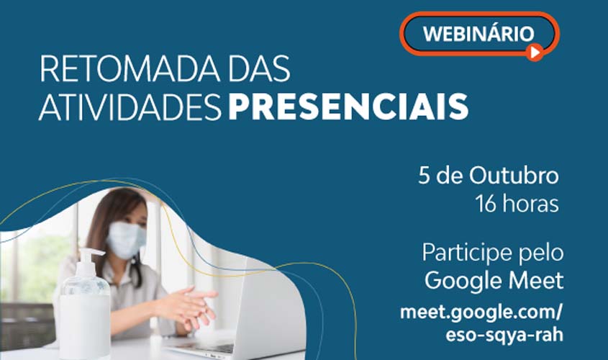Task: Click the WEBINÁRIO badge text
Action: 478,33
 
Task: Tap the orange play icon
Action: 533,51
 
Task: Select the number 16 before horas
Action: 486,204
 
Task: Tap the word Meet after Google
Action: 537,281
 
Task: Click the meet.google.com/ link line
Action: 481,313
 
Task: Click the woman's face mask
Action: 127,239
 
